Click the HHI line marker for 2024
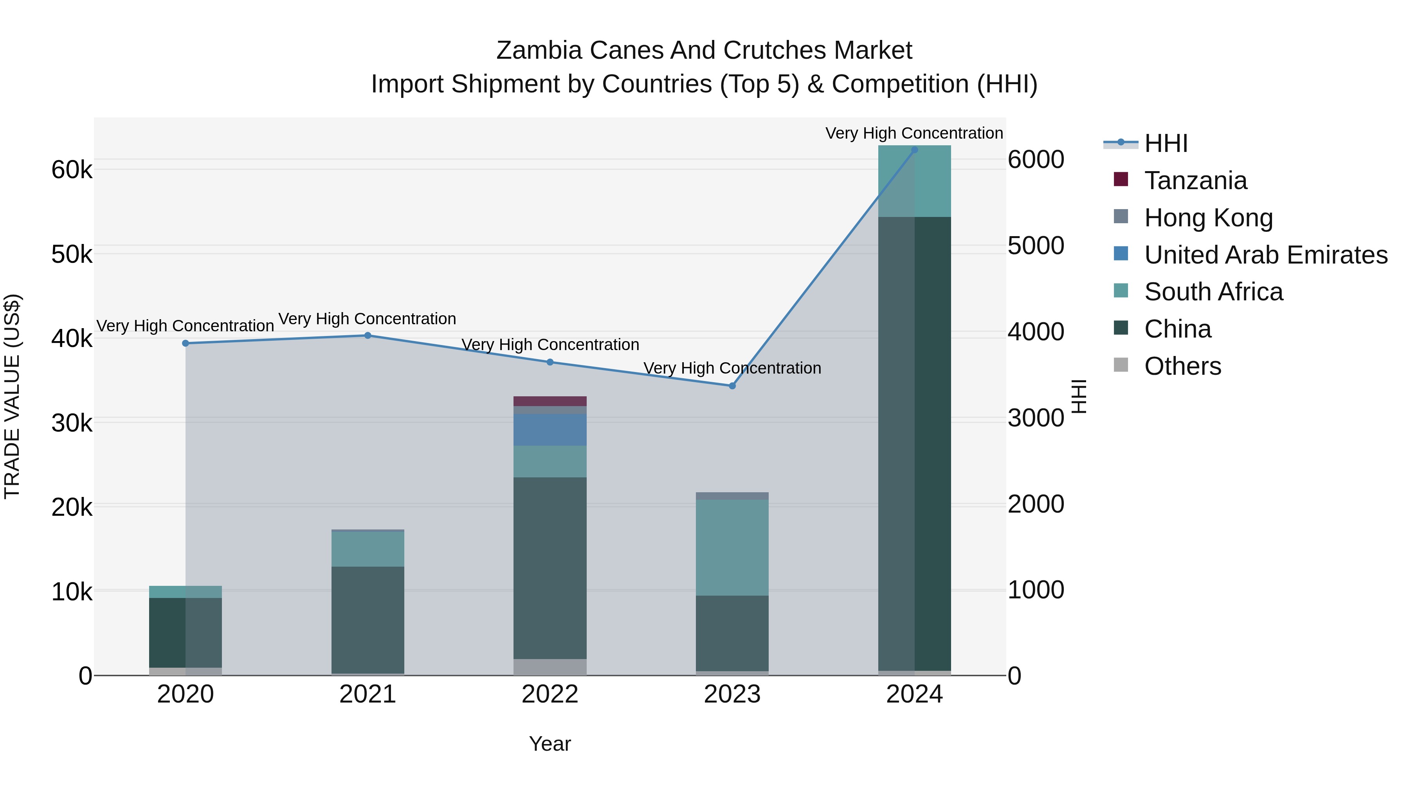pos(915,150)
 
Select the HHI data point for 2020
pos(186,343)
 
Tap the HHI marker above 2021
pos(368,336)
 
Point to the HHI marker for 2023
pos(732,386)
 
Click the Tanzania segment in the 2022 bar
pos(550,401)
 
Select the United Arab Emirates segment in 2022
pos(550,430)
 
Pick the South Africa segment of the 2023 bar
pos(732,547)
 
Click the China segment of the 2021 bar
pos(368,620)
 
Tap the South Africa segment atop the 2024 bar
pos(915,182)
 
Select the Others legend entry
pos(1182,366)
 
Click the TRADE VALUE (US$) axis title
pos(12,396)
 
